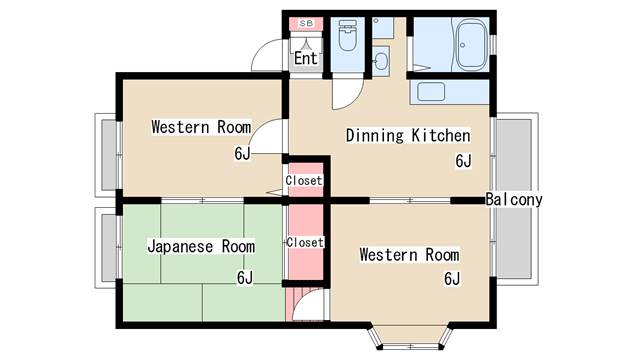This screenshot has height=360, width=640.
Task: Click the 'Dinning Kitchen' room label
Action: click(407, 135)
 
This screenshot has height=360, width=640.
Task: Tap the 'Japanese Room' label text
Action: click(200, 246)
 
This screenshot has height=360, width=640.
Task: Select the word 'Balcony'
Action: click(514, 199)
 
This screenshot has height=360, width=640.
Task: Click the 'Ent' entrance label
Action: click(305, 59)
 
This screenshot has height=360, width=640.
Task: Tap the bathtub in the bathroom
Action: click(470, 45)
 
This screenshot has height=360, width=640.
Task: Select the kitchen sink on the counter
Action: click(431, 92)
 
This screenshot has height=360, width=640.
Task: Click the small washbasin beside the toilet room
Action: click(381, 59)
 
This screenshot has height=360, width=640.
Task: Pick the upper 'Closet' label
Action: click(304, 181)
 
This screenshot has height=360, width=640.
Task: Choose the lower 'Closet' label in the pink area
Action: click(304, 242)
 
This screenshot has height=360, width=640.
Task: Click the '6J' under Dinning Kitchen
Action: click(463, 160)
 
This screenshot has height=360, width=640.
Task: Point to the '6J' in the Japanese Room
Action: click(245, 277)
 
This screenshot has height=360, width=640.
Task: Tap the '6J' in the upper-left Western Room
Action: click(242, 153)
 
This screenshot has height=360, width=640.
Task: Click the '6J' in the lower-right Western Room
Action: click(452, 278)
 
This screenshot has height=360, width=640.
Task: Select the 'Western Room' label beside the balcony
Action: click(409, 254)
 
